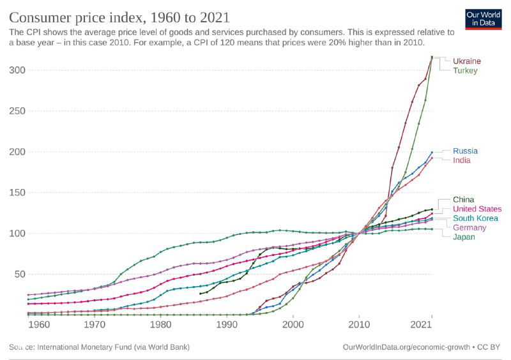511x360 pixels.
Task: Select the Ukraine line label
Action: point(467,61)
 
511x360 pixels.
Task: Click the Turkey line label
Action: point(465,71)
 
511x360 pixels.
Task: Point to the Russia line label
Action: point(465,151)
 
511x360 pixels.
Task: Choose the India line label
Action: point(462,161)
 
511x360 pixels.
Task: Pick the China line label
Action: point(464,200)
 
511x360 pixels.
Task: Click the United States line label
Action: point(477,209)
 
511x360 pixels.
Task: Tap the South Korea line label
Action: point(475,218)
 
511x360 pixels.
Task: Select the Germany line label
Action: point(469,228)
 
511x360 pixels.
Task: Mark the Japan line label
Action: point(464,237)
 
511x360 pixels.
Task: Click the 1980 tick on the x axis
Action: point(160,325)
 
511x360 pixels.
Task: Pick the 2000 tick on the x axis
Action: point(293,325)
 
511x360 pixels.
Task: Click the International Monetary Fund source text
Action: point(100,347)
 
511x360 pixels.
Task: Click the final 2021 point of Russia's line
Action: point(432,153)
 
